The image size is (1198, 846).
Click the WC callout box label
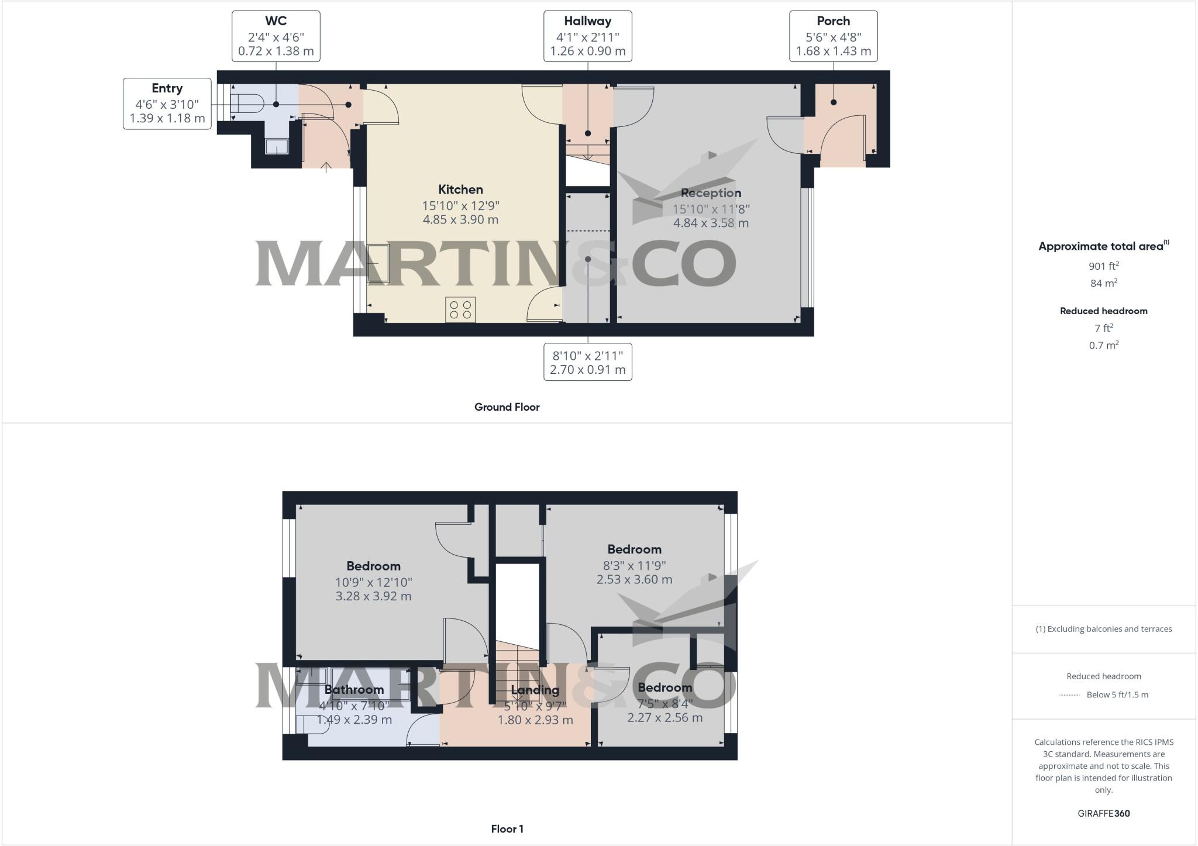[276, 36]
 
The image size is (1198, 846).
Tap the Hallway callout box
[587, 36]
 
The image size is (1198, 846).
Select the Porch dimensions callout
[833, 36]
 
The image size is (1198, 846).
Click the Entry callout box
[167, 104]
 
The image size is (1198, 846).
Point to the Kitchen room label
[460, 190]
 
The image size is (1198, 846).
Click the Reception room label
[711, 193]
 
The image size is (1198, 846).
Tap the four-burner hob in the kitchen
[460, 309]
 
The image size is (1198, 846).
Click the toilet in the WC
[248, 104]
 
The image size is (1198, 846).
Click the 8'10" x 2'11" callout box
[587, 362]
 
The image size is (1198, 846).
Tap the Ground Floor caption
[507, 407]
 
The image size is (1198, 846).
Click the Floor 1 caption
[507, 829]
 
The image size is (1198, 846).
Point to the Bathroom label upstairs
[354, 690]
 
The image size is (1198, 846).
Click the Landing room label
[535, 690]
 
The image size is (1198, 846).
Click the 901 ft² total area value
[1103, 266]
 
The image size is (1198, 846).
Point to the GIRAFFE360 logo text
[1103, 813]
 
